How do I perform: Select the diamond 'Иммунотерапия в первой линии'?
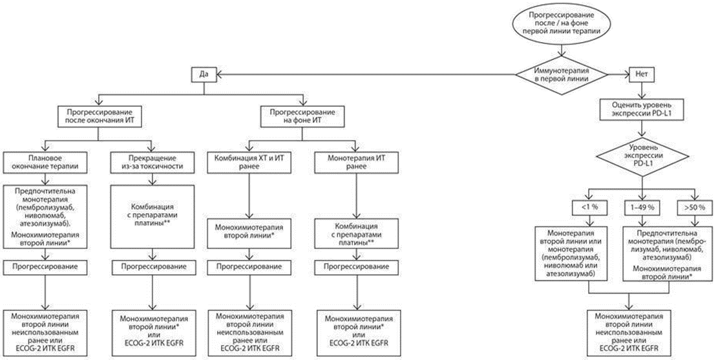(561, 74)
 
